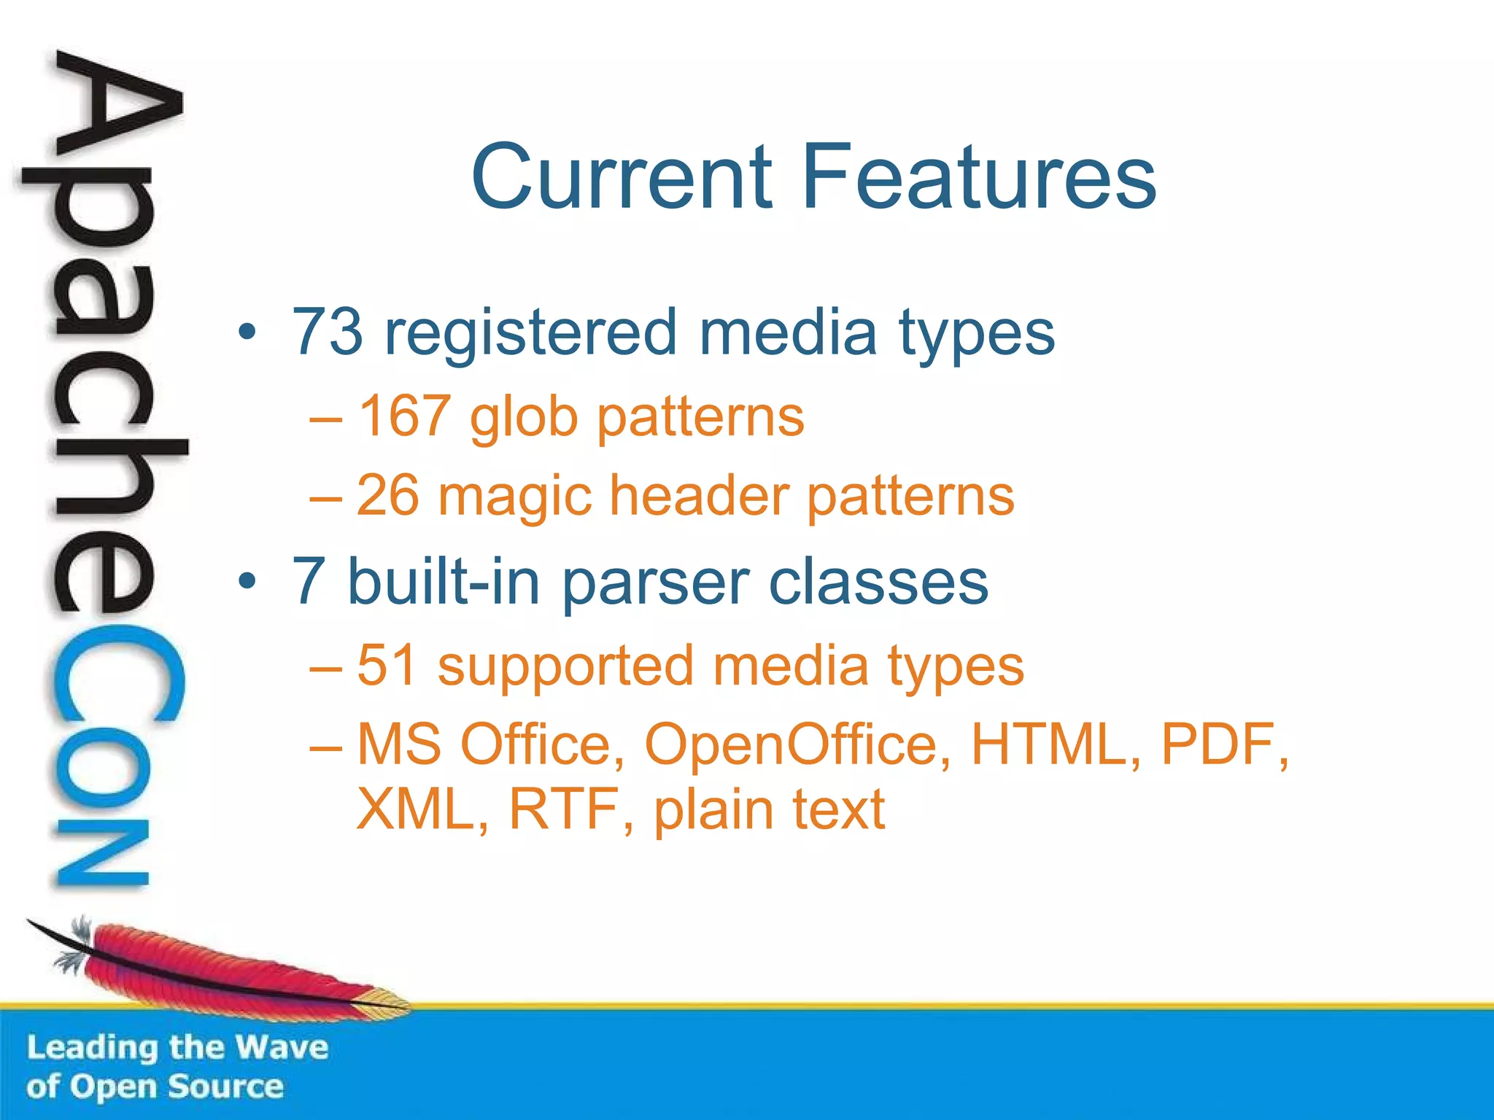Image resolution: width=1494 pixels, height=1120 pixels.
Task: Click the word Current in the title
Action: tap(622, 177)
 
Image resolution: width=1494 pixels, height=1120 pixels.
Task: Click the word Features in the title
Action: tap(979, 177)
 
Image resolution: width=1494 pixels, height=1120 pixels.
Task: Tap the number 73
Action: tap(328, 332)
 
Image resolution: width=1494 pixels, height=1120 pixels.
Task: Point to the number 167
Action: tap(403, 416)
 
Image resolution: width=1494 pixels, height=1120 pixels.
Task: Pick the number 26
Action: tap(387, 496)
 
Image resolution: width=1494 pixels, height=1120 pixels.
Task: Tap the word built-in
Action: tap(444, 581)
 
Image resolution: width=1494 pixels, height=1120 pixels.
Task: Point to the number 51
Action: tap(387, 665)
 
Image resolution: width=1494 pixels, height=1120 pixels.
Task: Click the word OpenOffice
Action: tap(798, 744)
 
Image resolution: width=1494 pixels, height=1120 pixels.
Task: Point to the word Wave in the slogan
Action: tap(282, 1048)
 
